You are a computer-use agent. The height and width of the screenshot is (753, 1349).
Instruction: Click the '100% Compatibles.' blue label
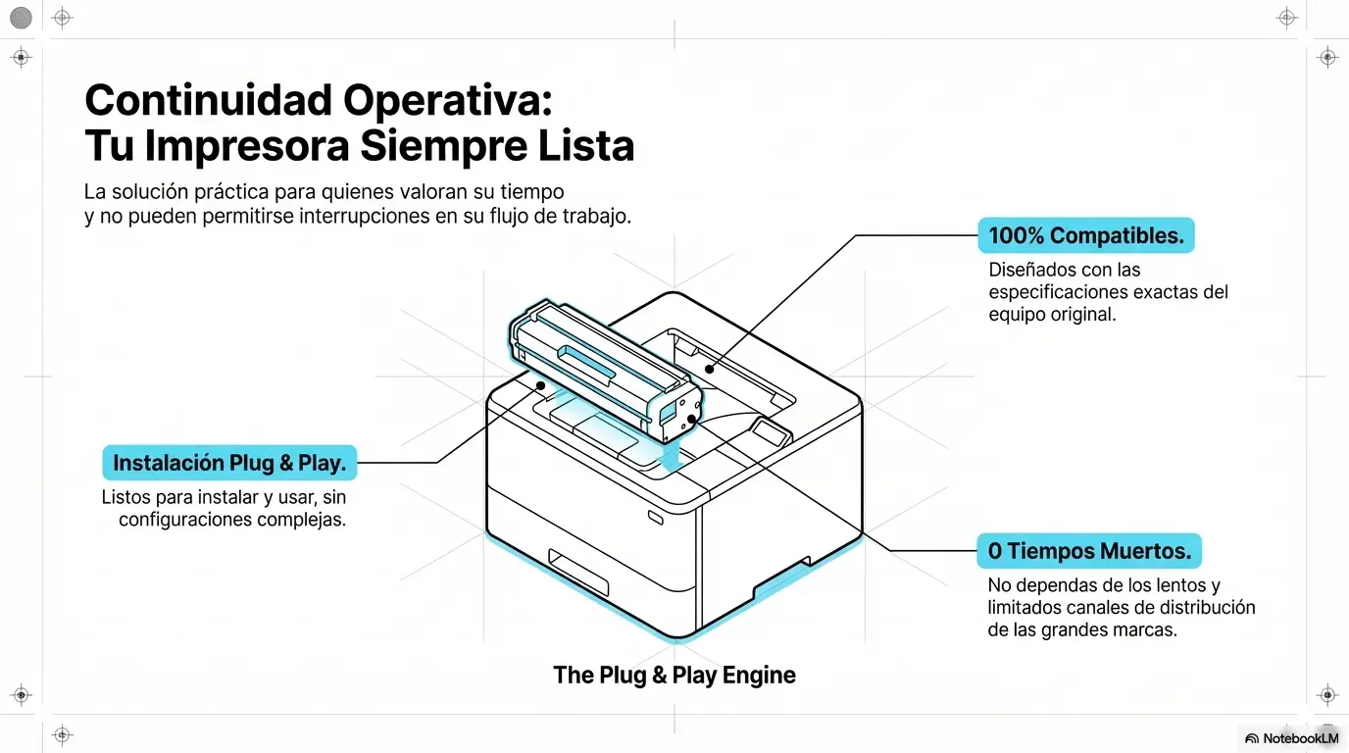[1085, 236]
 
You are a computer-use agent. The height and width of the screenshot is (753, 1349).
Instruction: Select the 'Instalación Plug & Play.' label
[229, 463]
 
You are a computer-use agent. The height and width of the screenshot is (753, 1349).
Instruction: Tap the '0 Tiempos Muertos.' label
[1088, 551]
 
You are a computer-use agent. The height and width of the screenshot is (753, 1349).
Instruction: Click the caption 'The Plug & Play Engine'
[674, 675]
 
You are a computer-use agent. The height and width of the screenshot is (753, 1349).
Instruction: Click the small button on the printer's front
[655, 515]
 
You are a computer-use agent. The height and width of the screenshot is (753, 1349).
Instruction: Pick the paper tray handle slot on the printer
[577, 573]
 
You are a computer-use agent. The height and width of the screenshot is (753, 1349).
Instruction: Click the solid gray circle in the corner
[21, 17]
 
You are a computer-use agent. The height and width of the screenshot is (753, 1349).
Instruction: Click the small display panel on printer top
[771, 432]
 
